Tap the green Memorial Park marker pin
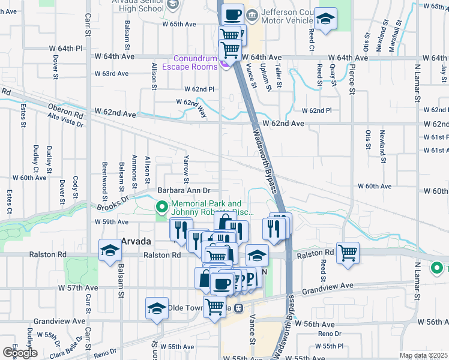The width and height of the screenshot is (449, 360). [161, 208]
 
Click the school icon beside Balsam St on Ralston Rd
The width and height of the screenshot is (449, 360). [110, 251]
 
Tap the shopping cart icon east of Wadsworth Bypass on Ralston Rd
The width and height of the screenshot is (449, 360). [348, 252]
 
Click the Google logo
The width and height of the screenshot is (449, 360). [19, 352]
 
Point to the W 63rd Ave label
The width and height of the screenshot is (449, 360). [112, 74]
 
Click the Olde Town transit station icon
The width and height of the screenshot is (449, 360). [238, 308]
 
